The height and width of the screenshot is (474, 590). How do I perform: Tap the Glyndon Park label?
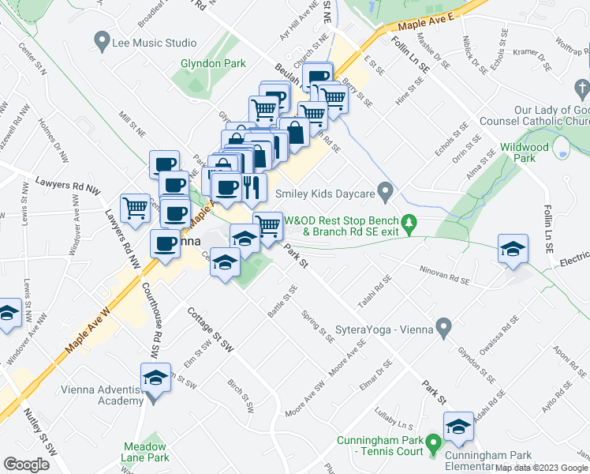point(213,64)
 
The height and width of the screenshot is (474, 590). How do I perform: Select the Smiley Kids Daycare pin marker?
point(385,190)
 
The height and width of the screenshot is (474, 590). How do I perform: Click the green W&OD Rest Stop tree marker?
point(409,225)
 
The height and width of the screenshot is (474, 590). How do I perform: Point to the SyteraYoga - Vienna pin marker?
point(443,325)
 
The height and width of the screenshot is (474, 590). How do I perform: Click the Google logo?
point(27,464)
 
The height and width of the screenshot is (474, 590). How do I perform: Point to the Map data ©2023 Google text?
point(541,468)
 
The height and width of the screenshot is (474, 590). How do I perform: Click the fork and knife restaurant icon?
point(252,187)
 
